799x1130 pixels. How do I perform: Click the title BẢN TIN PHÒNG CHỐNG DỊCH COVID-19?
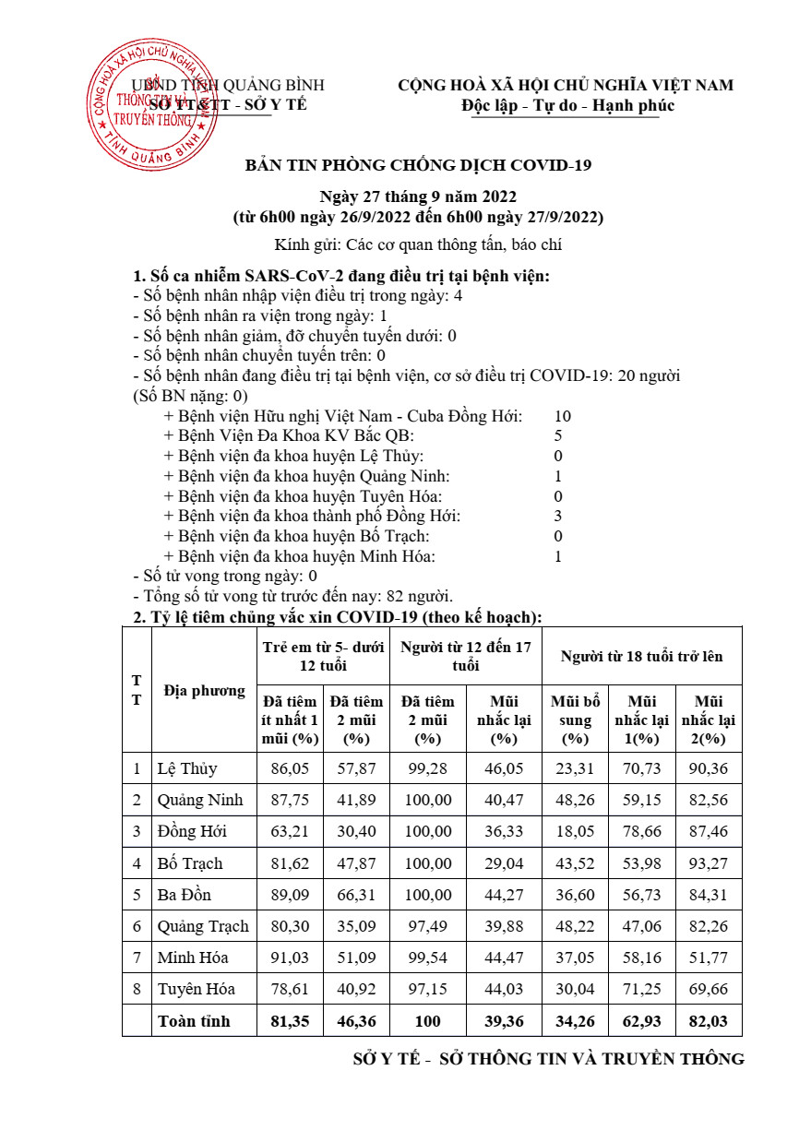pos(417,165)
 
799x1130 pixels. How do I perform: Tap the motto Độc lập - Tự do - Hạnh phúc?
pos(567,105)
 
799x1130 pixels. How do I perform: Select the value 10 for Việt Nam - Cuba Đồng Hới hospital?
pos(562,416)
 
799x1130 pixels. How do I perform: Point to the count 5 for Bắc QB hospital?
pos(558,435)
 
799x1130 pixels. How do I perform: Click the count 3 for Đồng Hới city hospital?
pos(558,516)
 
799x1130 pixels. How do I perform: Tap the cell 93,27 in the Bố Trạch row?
pos(709,863)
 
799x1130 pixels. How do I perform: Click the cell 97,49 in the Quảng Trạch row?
pos(429,926)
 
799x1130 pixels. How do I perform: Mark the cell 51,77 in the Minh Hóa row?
pos(709,958)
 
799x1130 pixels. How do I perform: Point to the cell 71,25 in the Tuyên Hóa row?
pos(642,989)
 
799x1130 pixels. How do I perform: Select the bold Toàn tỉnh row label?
pos(194,1021)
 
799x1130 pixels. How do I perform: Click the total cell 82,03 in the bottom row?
pos(709,1021)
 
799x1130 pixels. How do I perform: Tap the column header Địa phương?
pos(204,690)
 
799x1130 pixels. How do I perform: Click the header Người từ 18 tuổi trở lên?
pos(641,656)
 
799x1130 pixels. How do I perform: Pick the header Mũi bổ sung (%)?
pos(575,720)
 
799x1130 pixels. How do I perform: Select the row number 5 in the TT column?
pos(137,895)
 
